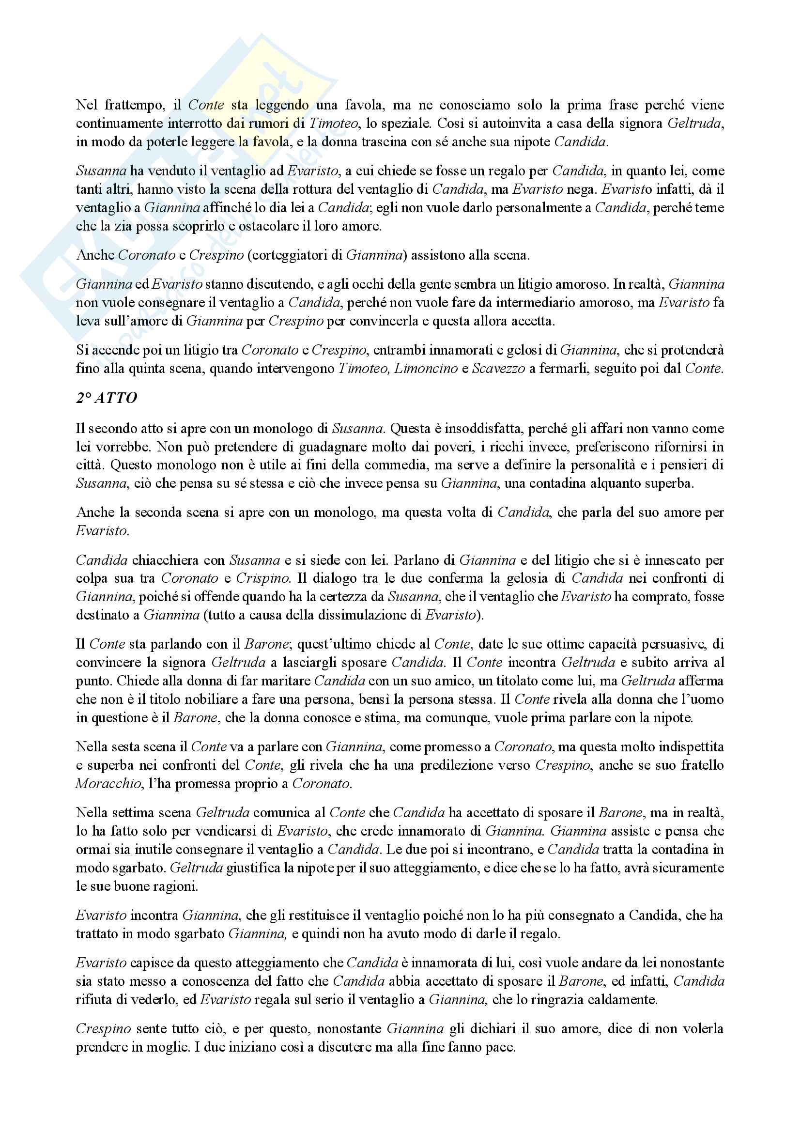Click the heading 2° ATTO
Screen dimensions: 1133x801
click(107, 398)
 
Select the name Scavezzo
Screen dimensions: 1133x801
click(498, 369)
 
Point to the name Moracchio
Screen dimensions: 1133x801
click(108, 784)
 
